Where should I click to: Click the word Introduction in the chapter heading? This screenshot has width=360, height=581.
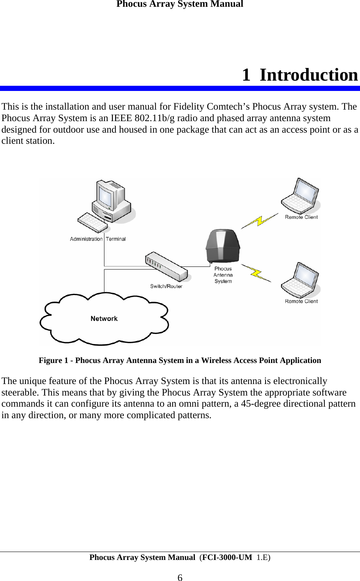click(x=308, y=75)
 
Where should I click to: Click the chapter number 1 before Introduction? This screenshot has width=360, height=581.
click(x=246, y=75)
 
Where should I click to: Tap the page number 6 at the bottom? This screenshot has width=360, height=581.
click(x=180, y=578)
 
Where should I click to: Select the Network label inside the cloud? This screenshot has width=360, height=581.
click(x=104, y=318)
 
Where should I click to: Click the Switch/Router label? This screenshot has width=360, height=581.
click(x=166, y=286)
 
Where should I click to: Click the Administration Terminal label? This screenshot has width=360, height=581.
click(x=98, y=239)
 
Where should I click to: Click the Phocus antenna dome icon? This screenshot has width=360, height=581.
click(x=223, y=245)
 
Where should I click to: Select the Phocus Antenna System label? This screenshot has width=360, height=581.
click(x=223, y=275)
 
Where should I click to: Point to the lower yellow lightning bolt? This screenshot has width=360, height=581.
click(x=256, y=273)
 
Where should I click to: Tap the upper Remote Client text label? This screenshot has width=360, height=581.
click(x=301, y=217)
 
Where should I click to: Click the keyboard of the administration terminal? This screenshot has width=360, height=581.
click(x=93, y=222)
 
